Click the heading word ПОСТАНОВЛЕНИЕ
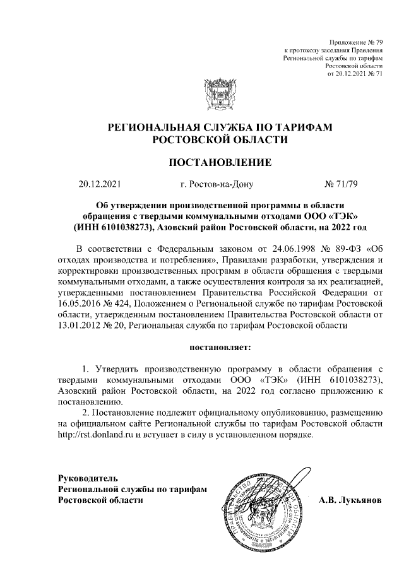219,163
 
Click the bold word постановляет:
220,346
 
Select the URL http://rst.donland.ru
94,435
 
